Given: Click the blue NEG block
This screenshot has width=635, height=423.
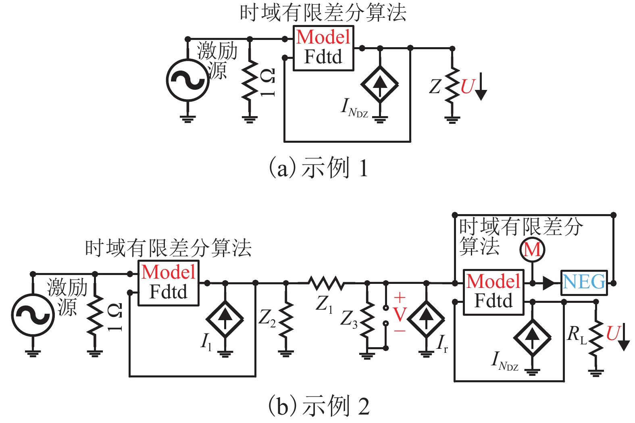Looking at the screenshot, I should point(584,282).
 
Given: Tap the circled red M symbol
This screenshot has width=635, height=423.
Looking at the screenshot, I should point(532,250).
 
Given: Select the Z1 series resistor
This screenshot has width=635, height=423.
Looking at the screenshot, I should point(326,283).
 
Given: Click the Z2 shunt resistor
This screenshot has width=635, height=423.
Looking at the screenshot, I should point(286,321).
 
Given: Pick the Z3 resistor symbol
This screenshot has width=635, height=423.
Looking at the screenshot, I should point(367,321).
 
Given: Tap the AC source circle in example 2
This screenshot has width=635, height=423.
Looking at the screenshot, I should point(33,315).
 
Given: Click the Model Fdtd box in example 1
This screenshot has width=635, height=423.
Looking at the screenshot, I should point(323,48).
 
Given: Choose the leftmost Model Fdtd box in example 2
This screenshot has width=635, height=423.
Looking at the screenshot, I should point(169,283).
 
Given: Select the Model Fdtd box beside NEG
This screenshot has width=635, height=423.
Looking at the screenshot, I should point(493,292).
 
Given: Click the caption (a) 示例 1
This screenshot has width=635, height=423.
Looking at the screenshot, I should point(318,168).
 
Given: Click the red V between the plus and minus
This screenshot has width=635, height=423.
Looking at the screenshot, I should point(400,315).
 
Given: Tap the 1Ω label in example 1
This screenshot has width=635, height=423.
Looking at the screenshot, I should point(268,83).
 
